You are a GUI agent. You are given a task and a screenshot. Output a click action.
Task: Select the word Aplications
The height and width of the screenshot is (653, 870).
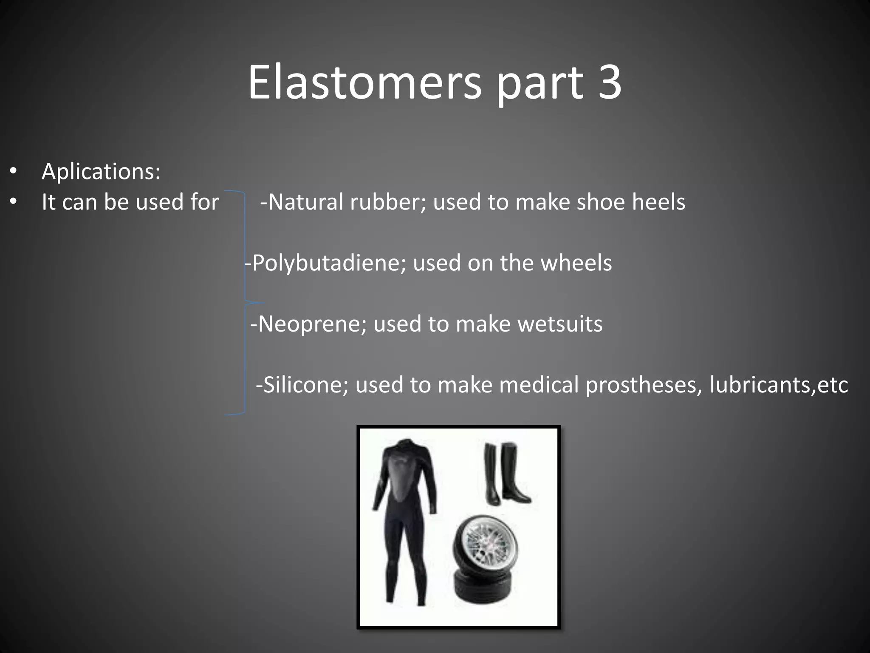pos(101,171)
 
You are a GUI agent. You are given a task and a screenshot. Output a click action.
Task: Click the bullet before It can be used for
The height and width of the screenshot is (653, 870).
pos(14,202)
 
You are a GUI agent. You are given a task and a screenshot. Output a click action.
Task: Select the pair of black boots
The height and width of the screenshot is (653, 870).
pos(506,474)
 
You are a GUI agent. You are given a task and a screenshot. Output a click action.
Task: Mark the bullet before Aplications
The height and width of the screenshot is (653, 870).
pos(14,171)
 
